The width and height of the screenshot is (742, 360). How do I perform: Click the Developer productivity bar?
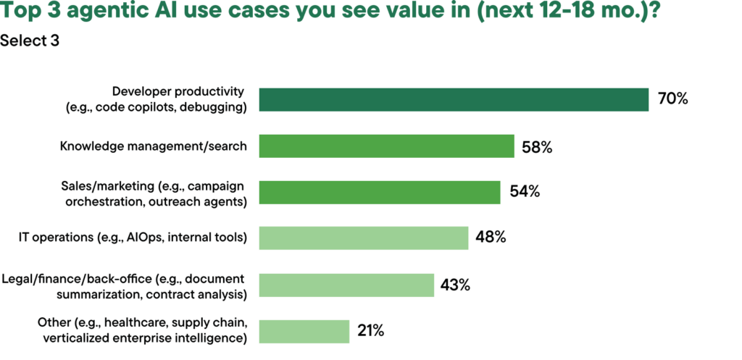(x=454, y=100)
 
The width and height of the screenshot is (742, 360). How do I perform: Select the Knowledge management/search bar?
(x=386, y=146)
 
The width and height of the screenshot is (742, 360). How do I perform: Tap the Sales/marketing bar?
(x=379, y=192)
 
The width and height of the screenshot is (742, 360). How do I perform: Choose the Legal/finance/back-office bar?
(x=346, y=284)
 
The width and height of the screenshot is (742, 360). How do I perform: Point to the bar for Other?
(x=304, y=331)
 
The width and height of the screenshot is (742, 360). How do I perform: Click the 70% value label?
(x=672, y=99)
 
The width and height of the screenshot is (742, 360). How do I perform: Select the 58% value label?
(x=537, y=147)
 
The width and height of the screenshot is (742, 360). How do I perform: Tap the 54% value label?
(x=523, y=193)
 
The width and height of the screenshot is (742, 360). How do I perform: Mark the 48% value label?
(x=491, y=238)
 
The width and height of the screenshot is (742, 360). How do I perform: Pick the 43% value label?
(x=455, y=285)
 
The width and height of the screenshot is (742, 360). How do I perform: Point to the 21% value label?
(x=370, y=331)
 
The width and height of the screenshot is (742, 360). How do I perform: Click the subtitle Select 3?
(x=30, y=41)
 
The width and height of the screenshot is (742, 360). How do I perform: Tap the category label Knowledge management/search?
(x=153, y=146)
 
